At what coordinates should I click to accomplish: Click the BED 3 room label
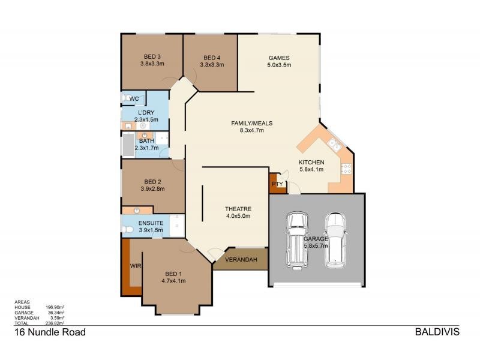[152, 56]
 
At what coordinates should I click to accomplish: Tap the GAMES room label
[279, 58]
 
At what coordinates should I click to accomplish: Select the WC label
[134, 98]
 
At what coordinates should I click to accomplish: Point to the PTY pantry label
[277, 184]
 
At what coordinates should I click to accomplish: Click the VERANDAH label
[241, 260]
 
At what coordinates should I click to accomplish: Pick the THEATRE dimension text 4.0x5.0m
[238, 216]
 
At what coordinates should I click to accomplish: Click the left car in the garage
[296, 241]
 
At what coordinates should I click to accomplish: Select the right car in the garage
[335, 241]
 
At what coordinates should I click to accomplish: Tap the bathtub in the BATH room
[128, 145]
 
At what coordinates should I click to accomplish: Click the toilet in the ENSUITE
[127, 229]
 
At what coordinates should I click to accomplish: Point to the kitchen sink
[334, 144]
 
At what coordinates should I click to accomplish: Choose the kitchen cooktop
[346, 169]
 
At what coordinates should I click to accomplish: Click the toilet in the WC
[125, 98]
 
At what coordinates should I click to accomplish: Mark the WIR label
[136, 266]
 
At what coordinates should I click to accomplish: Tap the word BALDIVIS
[437, 332]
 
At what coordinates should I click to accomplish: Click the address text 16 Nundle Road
[50, 332]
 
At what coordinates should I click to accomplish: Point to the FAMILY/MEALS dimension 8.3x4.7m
[251, 130]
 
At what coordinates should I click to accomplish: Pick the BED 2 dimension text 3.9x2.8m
[153, 189]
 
